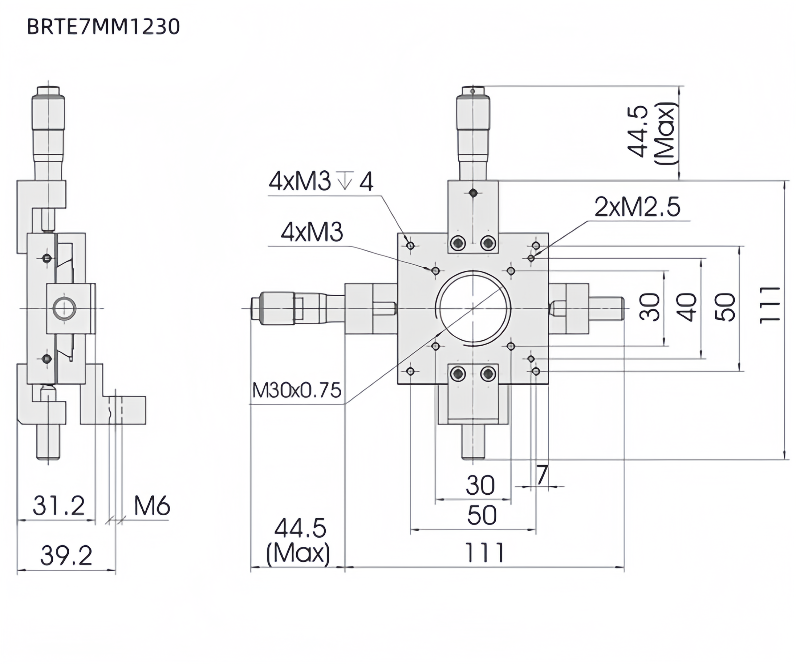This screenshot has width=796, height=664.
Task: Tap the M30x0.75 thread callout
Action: (297, 390)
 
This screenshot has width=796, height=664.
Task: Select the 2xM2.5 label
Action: (637, 207)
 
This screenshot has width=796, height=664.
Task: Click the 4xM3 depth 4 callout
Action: (321, 182)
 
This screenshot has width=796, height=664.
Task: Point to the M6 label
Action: (152, 506)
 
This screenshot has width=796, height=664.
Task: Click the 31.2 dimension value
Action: (59, 506)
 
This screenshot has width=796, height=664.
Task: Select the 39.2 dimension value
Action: (66, 555)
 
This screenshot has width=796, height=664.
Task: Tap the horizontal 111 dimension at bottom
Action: (485, 553)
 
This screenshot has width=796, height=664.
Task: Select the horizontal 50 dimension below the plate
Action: (481, 515)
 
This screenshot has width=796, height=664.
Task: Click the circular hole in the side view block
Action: (64, 308)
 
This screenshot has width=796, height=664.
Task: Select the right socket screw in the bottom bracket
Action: (488, 374)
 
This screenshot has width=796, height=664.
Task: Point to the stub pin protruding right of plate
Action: (607, 308)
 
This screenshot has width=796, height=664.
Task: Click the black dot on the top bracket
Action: (473, 193)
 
